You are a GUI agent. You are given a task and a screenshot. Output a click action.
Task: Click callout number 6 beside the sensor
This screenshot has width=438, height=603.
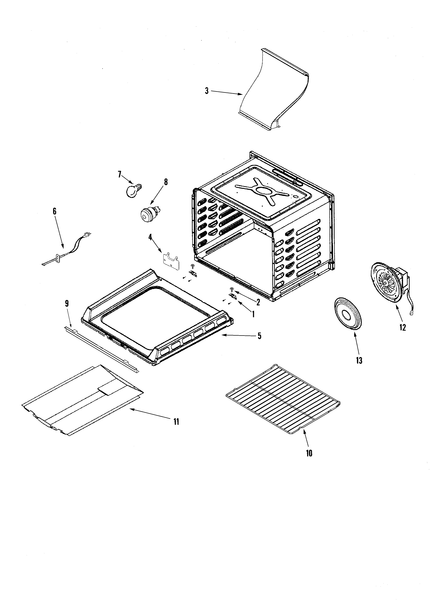click(55, 211)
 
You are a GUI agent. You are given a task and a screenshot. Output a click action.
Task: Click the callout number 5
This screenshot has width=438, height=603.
click(259, 336)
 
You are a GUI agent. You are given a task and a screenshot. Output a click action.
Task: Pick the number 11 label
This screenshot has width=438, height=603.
click(176, 421)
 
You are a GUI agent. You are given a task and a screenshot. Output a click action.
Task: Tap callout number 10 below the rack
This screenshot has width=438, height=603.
click(309, 453)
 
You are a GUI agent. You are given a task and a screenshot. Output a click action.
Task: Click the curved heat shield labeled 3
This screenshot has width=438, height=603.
click(274, 90)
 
